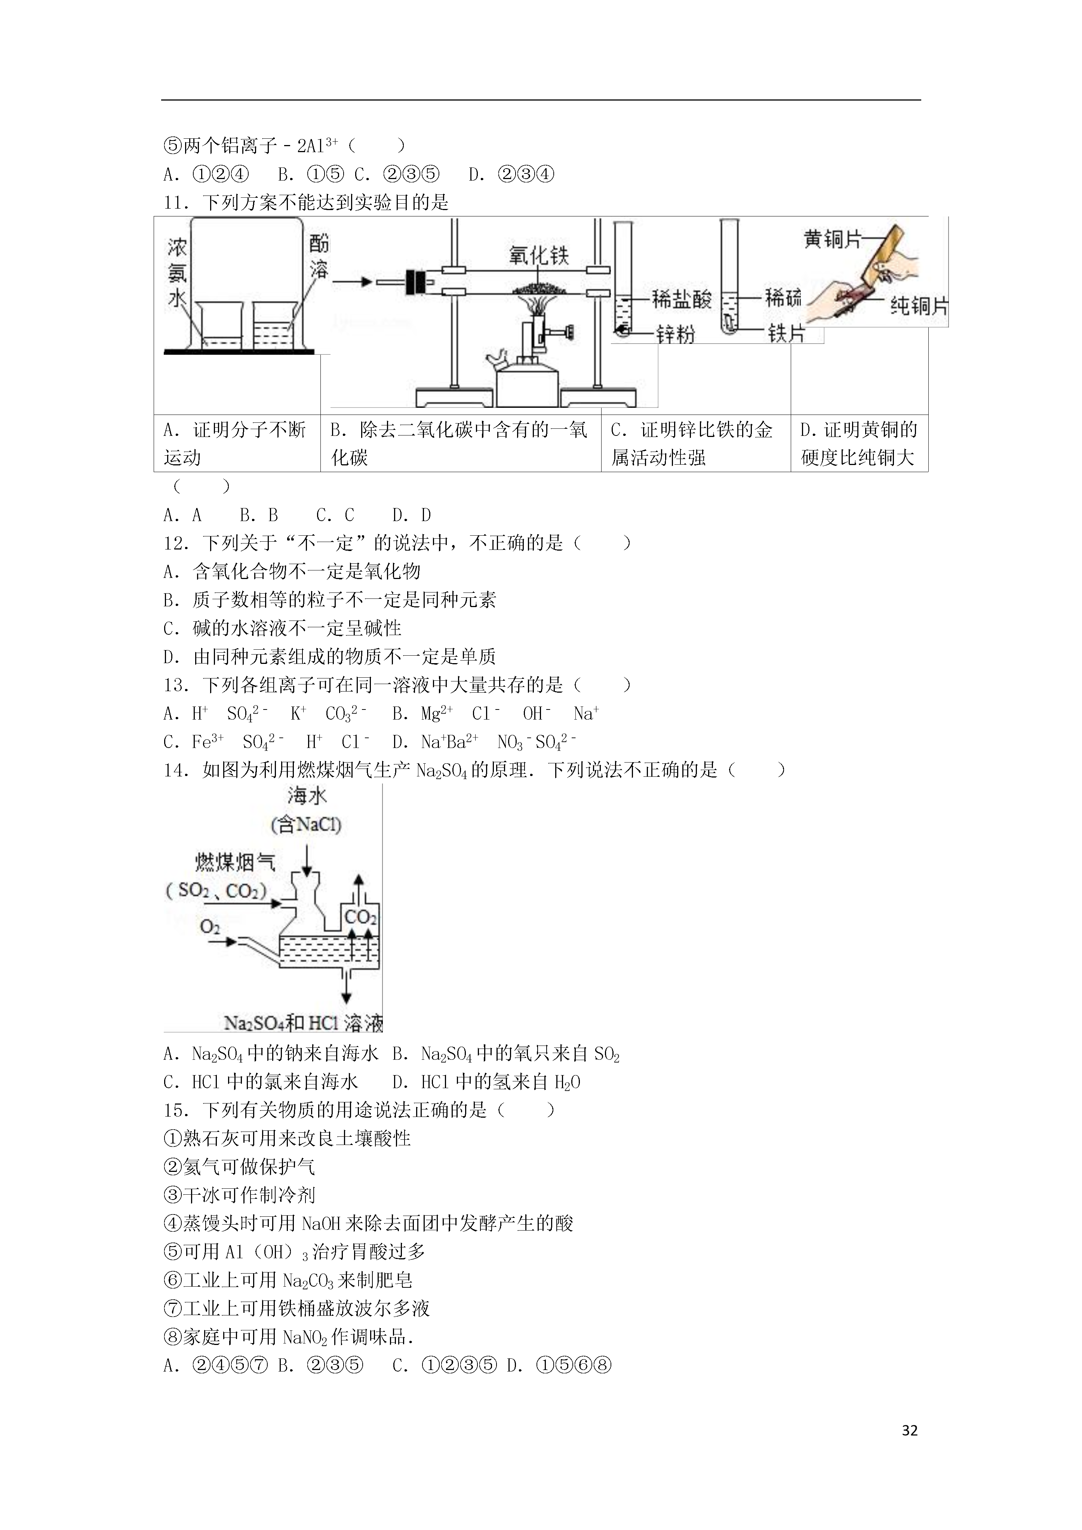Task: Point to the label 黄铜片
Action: pos(833,238)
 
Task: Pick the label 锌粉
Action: pos(675,333)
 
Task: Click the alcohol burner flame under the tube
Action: pos(539,307)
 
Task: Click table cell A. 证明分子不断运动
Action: pos(237,443)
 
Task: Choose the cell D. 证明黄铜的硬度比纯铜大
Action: pos(859,443)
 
